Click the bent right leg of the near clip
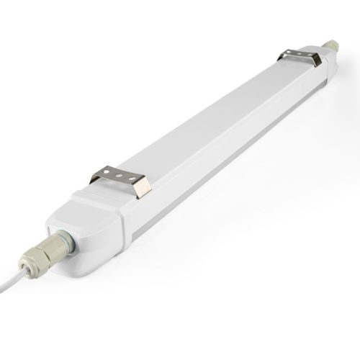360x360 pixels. [143, 189]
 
